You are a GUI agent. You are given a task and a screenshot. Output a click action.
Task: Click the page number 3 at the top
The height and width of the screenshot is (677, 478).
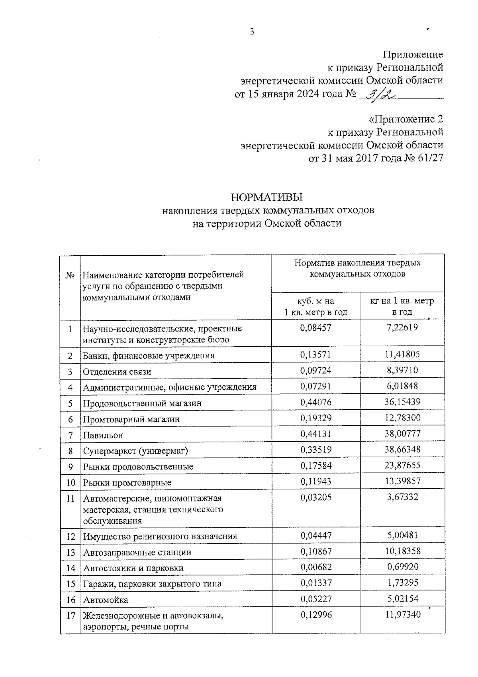pos(252,32)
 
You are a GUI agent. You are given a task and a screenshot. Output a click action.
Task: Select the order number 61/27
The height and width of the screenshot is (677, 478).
pos(430,158)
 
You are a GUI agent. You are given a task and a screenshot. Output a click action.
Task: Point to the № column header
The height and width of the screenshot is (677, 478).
pos(70,275)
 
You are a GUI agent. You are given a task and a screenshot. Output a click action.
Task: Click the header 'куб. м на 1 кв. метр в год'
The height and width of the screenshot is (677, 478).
pos(315,306)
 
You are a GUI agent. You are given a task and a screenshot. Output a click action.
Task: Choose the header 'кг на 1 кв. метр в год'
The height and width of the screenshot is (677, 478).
pos(402,306)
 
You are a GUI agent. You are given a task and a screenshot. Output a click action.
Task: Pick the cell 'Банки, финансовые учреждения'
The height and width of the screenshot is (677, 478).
pos(149,355)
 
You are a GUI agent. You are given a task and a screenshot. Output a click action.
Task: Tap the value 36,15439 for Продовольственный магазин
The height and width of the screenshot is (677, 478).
pos(402,402)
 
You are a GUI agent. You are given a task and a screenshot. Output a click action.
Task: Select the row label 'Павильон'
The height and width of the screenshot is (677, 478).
pos(103,435)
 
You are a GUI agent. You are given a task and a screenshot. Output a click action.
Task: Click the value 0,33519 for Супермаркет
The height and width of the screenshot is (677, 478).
pos(315,450)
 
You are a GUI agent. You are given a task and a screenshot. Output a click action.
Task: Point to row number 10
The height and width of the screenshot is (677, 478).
pos(71,483)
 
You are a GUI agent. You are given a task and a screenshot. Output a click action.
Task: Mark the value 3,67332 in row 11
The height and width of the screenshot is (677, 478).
pos(402,497)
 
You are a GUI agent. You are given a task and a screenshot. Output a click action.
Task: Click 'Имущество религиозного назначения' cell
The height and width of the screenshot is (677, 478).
pos(160,537)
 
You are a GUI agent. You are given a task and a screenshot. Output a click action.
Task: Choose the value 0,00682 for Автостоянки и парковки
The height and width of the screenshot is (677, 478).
pos(315,567)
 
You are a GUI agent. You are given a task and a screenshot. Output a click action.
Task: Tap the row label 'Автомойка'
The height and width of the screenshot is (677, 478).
pos(106,600)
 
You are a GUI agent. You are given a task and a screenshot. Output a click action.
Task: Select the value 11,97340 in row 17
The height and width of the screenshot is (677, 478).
pos(402,615)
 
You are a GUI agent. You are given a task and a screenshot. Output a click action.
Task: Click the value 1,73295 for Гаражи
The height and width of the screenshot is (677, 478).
pos(402,583)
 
